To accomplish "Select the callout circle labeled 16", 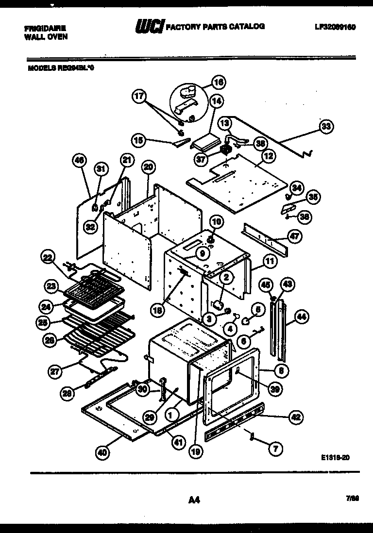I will [218, 83].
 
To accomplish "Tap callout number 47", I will [294, 236].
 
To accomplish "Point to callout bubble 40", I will [102, 452].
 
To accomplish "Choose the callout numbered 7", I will [275, 449].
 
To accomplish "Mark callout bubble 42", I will [296, 416].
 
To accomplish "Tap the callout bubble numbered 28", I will [68, 393].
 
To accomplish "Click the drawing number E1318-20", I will [335, 457].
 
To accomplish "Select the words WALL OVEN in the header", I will [46, 36].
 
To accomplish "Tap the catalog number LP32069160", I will [336, 28].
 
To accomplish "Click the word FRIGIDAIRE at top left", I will [46, 29].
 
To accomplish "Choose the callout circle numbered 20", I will [149, 167].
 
